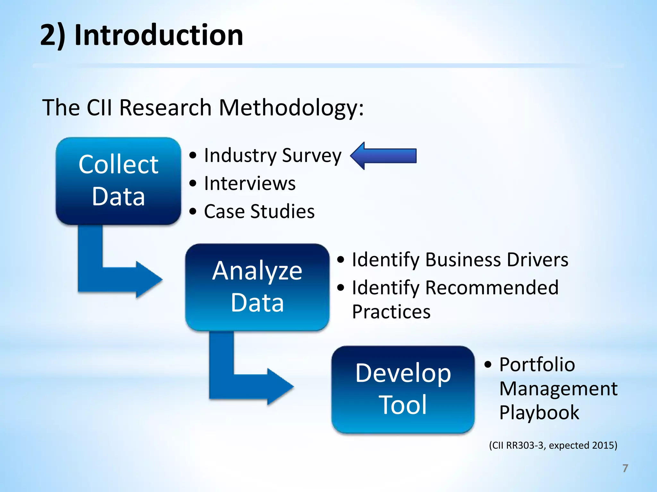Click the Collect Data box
pos(118,181)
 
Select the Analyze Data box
pos(257,287)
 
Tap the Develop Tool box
pos(403,389)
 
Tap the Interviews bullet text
pos(250,184)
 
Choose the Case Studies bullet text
pos(259,211)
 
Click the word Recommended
pos(491,287)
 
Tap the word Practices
pos(391,312)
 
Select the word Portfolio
pos(537,365)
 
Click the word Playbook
pos(539,412)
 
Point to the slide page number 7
pos(625,468)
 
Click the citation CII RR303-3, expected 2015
pos(553,445)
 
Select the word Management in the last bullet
pos(558,389)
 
